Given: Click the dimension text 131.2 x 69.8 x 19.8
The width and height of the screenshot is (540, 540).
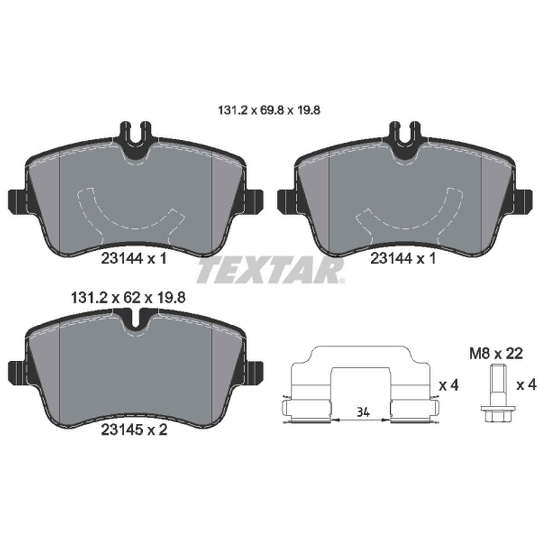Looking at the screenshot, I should pos(269,111).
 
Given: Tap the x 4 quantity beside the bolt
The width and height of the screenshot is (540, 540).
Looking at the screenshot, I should pos(526,386).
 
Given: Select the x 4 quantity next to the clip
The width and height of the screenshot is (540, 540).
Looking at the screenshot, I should pos(449,386).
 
